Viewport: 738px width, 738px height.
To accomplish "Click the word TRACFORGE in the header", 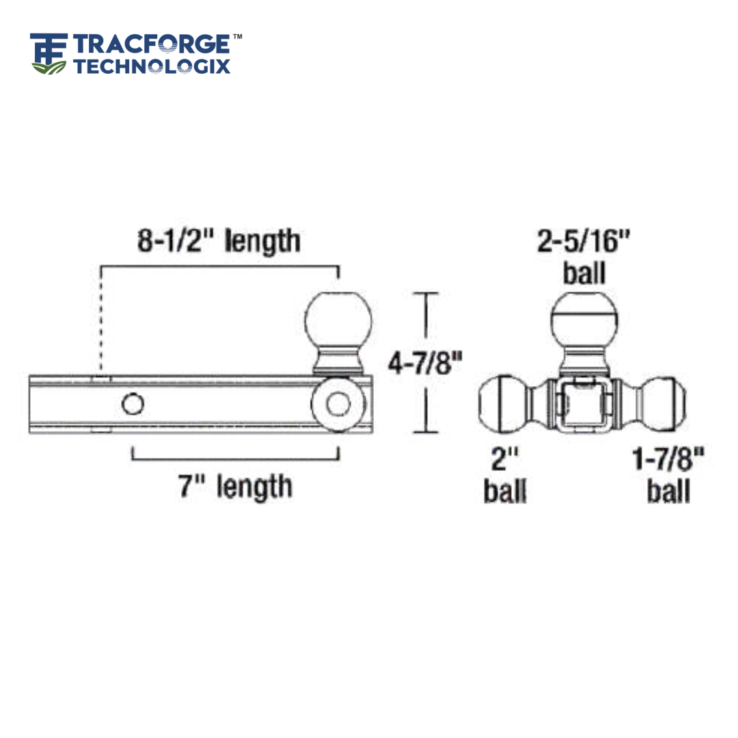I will click(x=151, y=44).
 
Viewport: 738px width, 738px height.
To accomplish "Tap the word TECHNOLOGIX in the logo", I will click(x=152, y=66).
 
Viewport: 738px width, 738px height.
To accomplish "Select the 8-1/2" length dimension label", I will click(x=219, y=241).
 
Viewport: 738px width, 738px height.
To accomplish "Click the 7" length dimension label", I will click(x=235, y=486).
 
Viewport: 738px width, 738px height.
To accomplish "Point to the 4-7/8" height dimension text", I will click(x=421, y=363).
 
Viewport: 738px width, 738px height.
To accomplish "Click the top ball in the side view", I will click(x=339, y=320).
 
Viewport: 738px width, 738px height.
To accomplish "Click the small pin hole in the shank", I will click(x=133, y=404).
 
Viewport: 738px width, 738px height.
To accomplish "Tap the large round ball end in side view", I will click(x=338, y=405).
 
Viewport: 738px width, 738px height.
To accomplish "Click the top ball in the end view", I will click(x=584, y=320).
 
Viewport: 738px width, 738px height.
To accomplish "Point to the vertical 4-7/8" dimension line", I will click(x=427, y=363).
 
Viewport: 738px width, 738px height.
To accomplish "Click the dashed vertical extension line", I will click(x=101, y=321).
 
